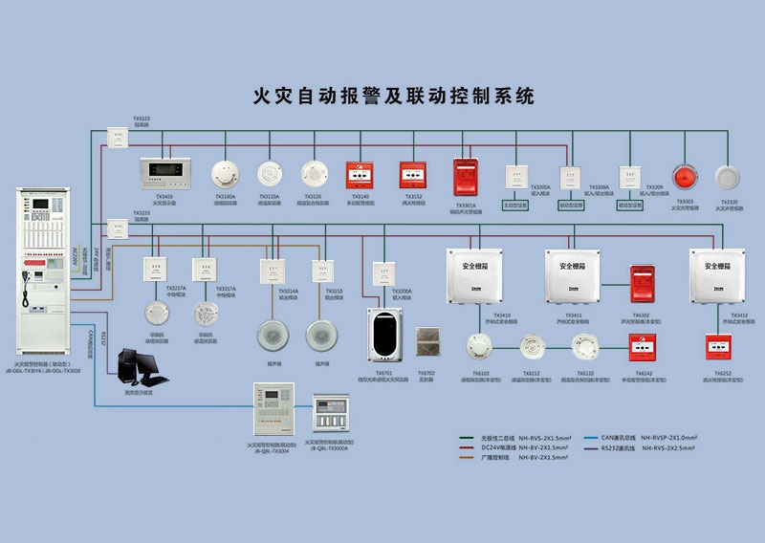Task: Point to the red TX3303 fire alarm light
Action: pos(685,179)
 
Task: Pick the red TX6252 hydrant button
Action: pos(717,346)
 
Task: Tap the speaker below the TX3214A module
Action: pos(273,335)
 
